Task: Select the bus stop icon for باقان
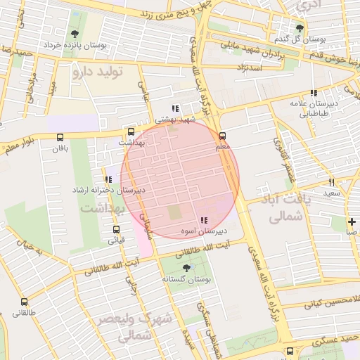click(59, 137)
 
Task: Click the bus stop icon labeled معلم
click(223, 136)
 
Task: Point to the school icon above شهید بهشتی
click(175, 108)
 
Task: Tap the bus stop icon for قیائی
click(116, 229)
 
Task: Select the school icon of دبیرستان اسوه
click(204, 221)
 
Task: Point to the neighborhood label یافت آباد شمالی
click(285, 207)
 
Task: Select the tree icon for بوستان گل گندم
click(300, 28)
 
